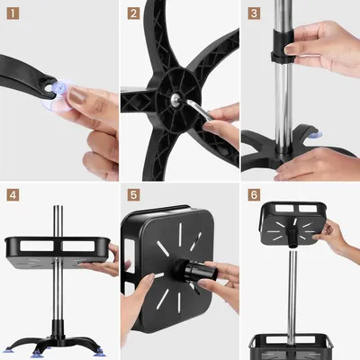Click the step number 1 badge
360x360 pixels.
click(13, 13)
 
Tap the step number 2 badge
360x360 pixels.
click(133, 13)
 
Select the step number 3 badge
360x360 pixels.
click(254, 13)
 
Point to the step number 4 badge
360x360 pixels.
click(13, 195)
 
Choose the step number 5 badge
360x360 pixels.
click(133, 195)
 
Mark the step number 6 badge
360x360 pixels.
click(254, 195)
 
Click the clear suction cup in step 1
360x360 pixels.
click(57, 96)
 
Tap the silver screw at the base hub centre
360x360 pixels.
click(174, 98)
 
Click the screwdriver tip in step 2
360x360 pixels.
click(187, 102)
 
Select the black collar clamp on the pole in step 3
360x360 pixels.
click(282, 46)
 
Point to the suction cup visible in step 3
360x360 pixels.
click(316, 135)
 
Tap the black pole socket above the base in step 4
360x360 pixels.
click(58, 329)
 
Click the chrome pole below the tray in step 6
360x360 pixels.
click(292, 297)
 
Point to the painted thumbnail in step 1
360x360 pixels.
click(76, 96)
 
